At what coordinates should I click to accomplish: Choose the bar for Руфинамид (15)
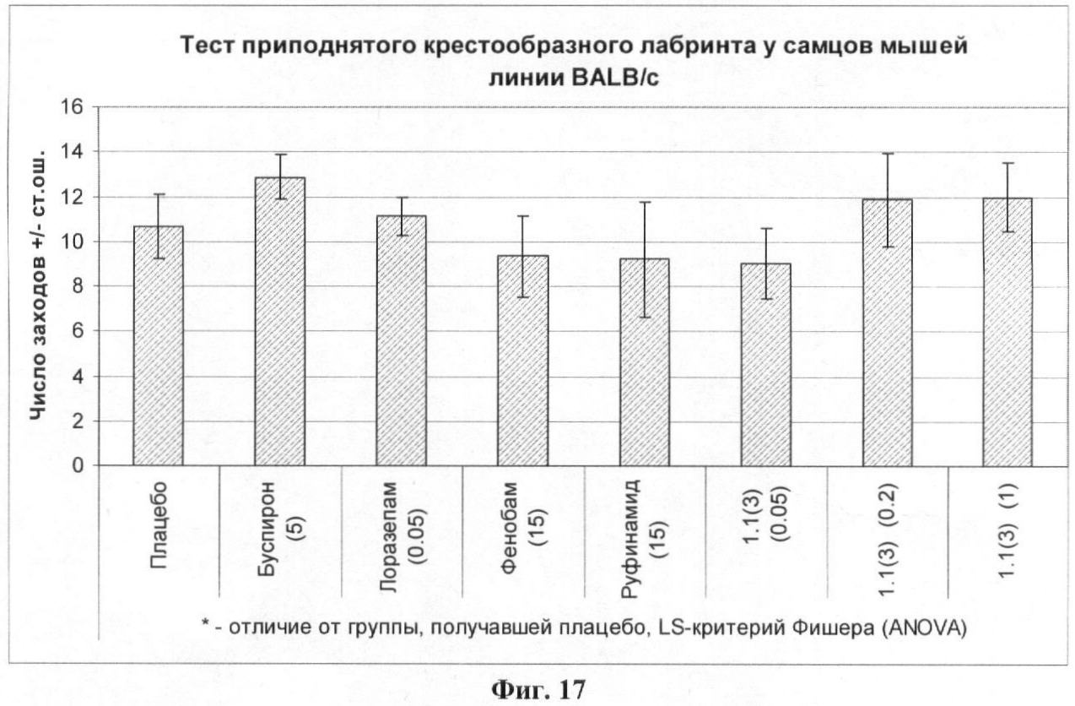coord(645,362)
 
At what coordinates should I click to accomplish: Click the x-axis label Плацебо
coord(158,537)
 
